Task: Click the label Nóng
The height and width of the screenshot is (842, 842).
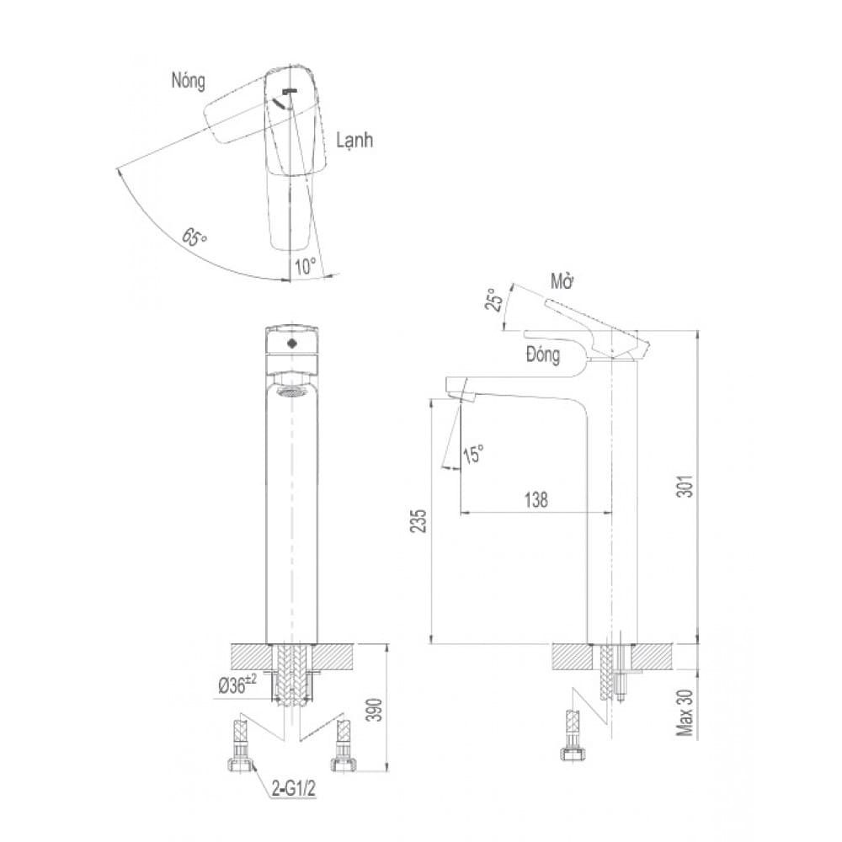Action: point(188,81)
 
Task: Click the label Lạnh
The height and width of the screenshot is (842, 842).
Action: point(354,141)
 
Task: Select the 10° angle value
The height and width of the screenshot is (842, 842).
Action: point(305,266)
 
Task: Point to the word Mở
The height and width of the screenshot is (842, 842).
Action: point(562,282)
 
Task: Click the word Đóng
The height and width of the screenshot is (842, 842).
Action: point(543,354)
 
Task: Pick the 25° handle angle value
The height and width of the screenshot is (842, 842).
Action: point(494,299)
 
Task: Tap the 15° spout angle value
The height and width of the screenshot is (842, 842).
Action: point(473,455)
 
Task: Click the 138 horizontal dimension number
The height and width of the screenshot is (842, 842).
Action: point(536,500)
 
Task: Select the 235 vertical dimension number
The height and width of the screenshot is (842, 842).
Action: point(418,520)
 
